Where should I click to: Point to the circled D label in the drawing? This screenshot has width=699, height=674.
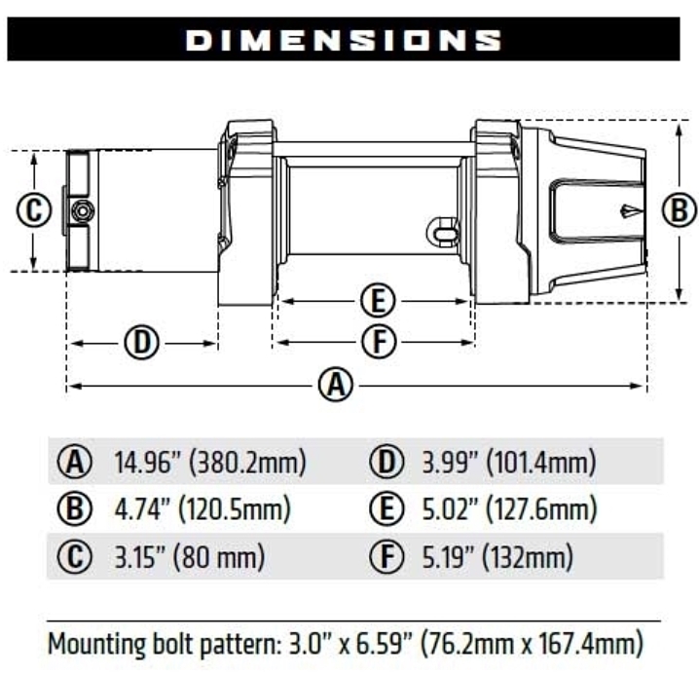click(142, 342)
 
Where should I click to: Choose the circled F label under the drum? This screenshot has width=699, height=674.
click(375, 341)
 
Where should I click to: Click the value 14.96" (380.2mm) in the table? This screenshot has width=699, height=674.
click(209, 461)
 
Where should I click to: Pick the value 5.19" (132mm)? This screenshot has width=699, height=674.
click(491, 557)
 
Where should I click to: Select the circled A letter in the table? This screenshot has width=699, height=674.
click(74, 461)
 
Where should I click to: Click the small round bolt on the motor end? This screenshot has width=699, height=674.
click(83, 209)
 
